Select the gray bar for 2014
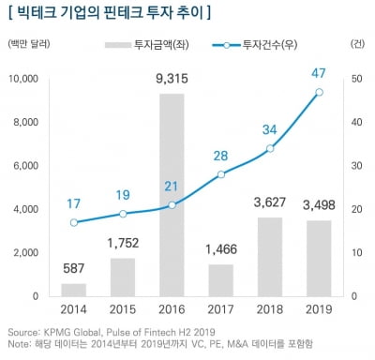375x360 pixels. pyautogui.click(x=74, y=290)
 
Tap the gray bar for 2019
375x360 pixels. pyautogui.click(x=320, y=258)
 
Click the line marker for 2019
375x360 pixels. pyautogui.click(x=320, y=92)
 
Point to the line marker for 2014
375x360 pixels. pyautogui.click(x=74, y=222)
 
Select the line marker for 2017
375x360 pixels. pyautogui.click(x=221, y=174)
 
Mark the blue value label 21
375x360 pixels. pyautogui.click(x=172, y=186)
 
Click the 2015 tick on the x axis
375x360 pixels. pyautogui.click(x=123, y=309)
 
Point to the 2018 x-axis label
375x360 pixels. pyautogui.click(x=270, y=309)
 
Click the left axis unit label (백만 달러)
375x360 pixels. pyautogui.click(x=28, y=44)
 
